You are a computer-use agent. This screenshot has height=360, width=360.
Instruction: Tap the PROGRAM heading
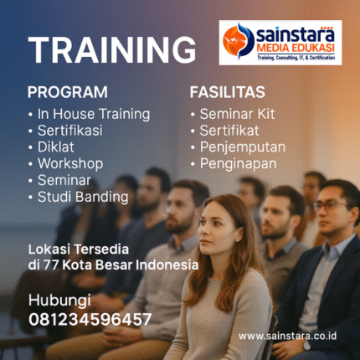(x=67, y=92)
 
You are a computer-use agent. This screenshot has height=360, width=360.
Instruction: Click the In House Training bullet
(x=93, y=114)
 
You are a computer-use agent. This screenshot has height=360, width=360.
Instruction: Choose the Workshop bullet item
(x=70, y=163)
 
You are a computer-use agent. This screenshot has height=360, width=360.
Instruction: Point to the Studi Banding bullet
(x=82, y=198)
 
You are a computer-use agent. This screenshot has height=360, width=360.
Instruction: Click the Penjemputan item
(x=244, y=147)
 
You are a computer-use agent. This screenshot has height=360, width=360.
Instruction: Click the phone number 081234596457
(x=90, y=319)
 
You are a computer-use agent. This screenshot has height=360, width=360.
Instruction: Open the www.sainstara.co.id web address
(x=287, y=335)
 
